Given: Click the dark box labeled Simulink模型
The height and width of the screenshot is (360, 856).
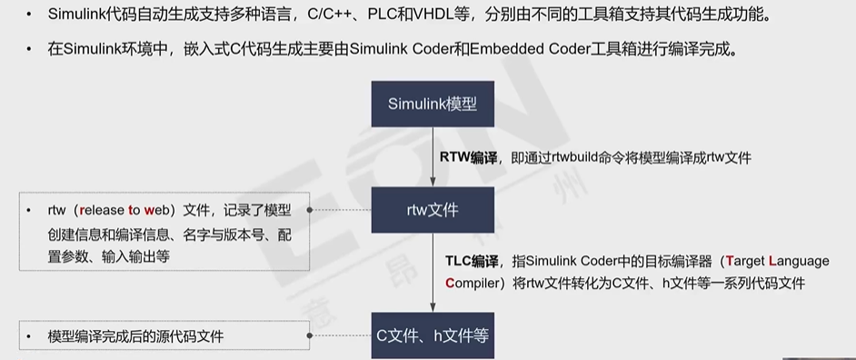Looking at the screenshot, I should tap(432, 102).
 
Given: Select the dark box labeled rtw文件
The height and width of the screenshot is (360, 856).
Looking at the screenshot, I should tap(432, 210).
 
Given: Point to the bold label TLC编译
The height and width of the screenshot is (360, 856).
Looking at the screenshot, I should tap(466, 261).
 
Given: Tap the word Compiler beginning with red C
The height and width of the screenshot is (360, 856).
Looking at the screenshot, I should tap(473, 283).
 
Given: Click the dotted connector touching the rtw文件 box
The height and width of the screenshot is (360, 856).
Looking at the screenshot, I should tap(341, 210).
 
